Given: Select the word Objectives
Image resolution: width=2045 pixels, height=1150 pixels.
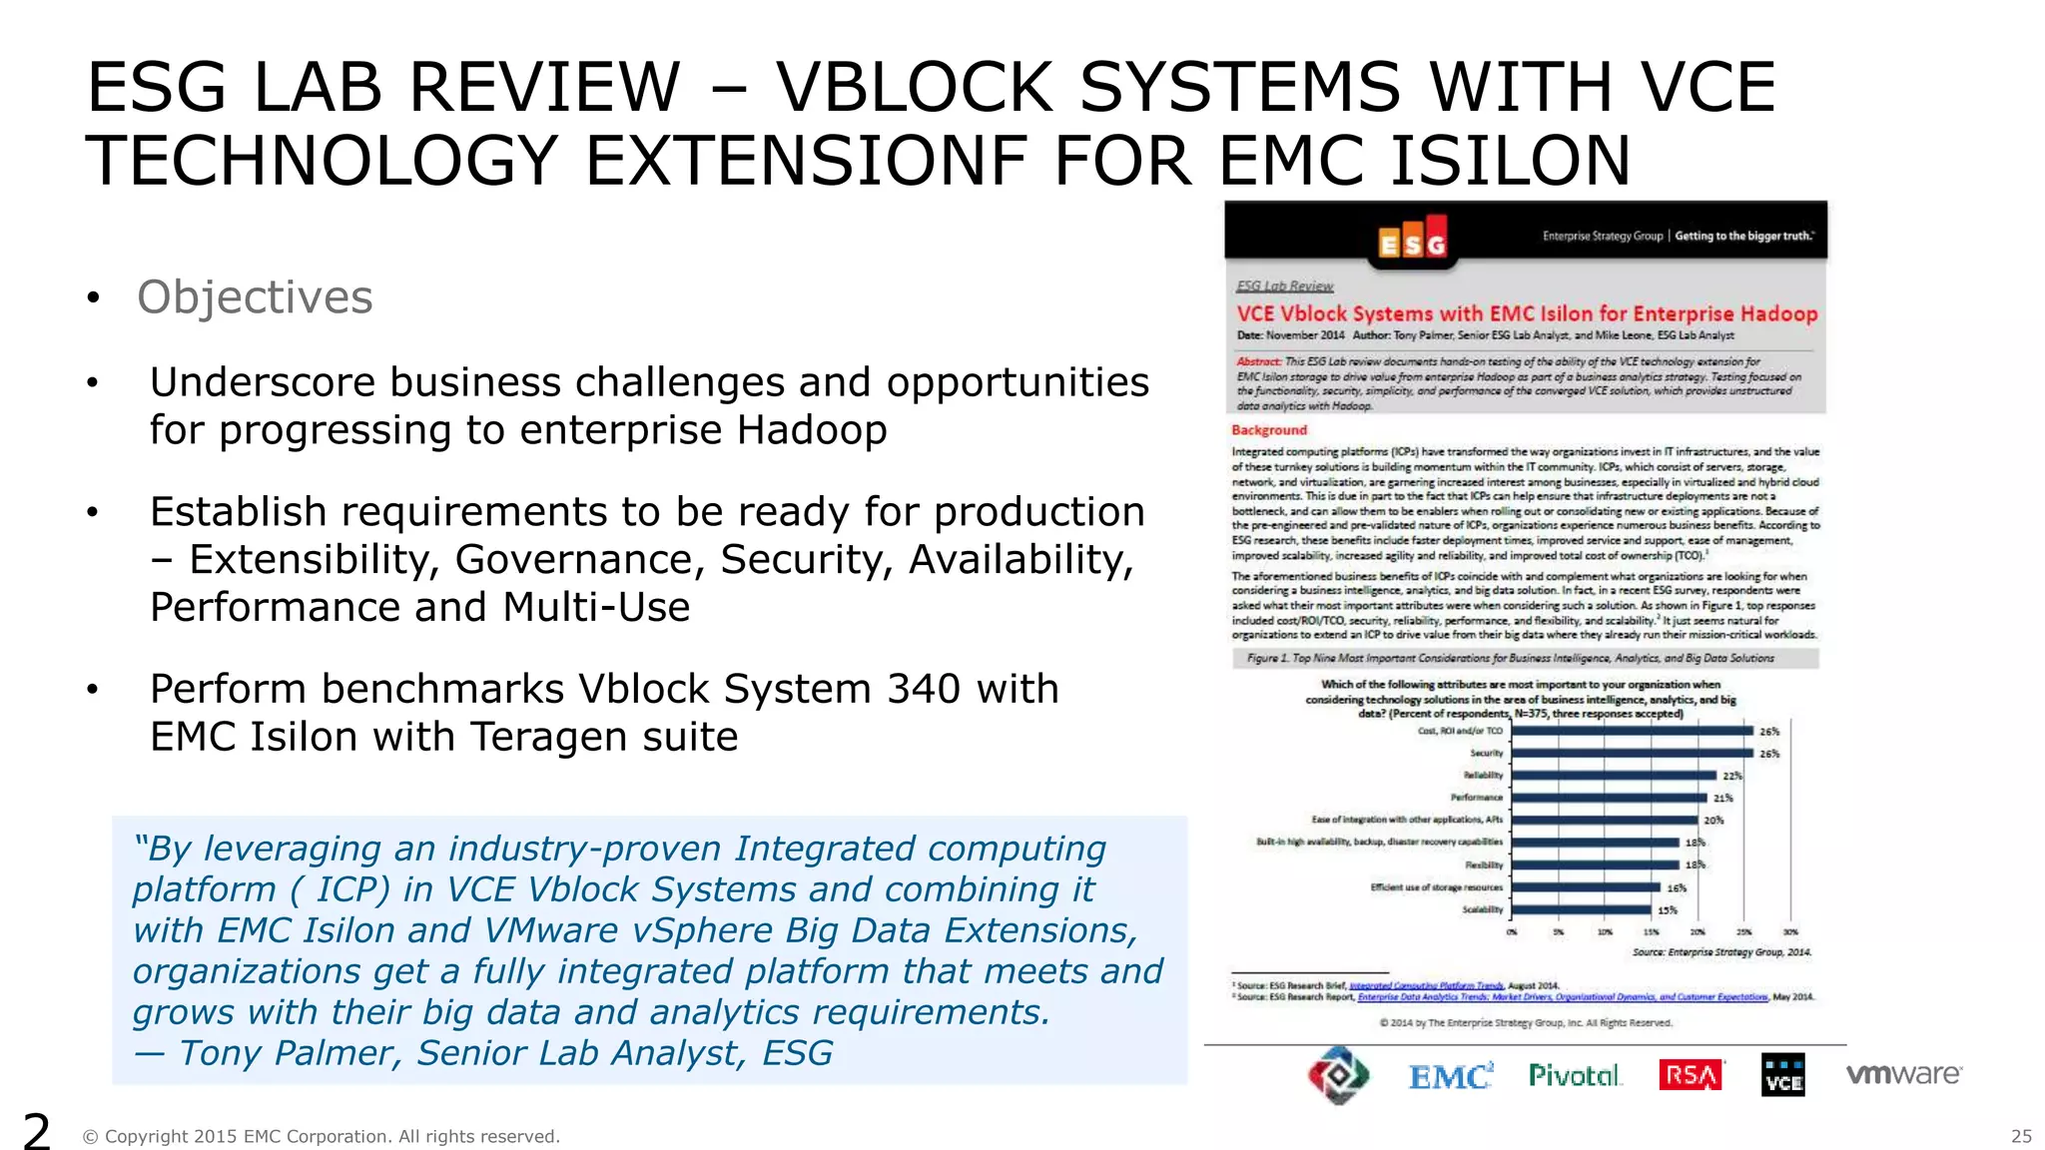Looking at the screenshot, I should (255, 297).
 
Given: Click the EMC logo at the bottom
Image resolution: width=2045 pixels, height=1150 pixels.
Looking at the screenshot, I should (1450, 1076).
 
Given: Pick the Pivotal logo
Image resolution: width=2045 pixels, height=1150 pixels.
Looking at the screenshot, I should (1575, 1075).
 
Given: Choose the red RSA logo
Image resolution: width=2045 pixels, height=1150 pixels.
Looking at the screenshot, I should (1691, 1075).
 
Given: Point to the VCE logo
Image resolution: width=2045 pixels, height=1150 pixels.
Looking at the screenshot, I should (1783, 1075).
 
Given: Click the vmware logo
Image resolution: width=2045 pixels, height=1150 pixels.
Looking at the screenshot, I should (1903, 1074).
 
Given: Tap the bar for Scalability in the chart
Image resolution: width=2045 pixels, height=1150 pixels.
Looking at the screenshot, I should (1582, 909).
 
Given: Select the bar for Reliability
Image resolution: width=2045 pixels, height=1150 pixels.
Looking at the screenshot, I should (1614, 776).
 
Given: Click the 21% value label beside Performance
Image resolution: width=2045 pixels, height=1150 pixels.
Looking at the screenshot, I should (1723, 799).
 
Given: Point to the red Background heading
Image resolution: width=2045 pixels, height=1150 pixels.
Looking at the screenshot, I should (1269, 430).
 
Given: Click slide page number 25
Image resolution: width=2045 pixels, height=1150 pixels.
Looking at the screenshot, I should (2021, 1136).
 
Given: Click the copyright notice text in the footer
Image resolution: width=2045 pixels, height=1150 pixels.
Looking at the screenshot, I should (321, 1136).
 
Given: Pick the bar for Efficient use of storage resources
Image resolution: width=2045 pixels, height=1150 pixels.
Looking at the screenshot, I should (1587, 887).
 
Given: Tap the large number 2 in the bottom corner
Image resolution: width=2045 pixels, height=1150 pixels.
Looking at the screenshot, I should (37, 1132).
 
